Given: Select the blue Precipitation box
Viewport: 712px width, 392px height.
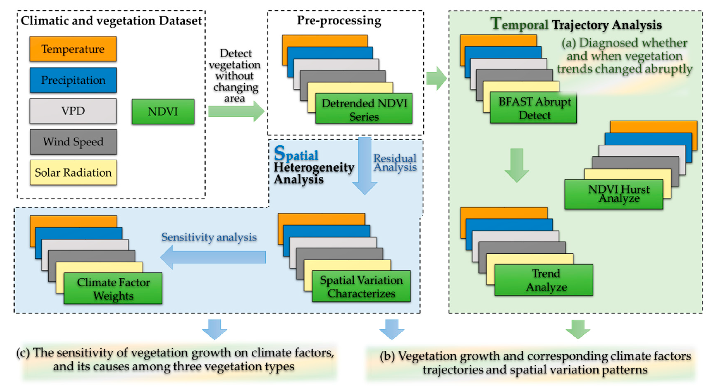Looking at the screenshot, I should click(x=73, y=80).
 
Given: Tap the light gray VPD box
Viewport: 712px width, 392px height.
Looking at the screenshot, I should click(x=73, y=111).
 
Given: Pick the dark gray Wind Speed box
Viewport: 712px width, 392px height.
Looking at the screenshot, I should click(x=73, y=142).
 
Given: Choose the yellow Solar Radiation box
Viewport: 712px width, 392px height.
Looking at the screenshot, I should click(x=73, y=172).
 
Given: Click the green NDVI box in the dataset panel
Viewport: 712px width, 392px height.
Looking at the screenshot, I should click(x=163, y=112).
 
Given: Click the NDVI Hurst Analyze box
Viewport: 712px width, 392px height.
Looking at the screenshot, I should click(x=614, y=194).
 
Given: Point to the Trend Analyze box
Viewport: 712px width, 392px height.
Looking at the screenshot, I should click(x=543, y=280).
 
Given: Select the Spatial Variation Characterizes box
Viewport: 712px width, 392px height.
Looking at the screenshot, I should click(x=361, y=286).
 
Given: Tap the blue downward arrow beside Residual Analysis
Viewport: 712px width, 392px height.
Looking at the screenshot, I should click(x=364, y=166).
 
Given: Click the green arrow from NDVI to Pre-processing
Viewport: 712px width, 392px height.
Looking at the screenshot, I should click(x=236, y=111).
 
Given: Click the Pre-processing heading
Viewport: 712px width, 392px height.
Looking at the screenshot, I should click(x=339, y=20).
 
